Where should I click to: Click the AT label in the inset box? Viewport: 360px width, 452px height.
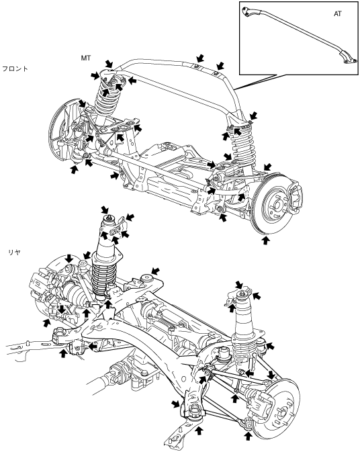tap(338, 13)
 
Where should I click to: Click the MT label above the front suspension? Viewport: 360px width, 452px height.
tap(85, 58)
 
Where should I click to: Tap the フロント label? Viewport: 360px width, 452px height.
tap(15, 69)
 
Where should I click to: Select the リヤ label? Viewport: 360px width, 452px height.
tap(14, 253)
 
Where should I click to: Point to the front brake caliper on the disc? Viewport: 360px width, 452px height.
tap(294, 195)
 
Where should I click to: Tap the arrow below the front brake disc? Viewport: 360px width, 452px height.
tap(265, 240)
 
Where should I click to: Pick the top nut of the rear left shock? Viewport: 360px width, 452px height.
tap(109, 218)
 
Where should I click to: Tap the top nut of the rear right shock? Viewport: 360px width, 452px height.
tap(241, 293)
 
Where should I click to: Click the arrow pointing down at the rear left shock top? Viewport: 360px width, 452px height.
tap(105, 210)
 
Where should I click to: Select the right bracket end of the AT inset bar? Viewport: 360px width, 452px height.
tap(348, 57)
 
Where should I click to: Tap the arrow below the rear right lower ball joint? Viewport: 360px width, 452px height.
tap(248, 436)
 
